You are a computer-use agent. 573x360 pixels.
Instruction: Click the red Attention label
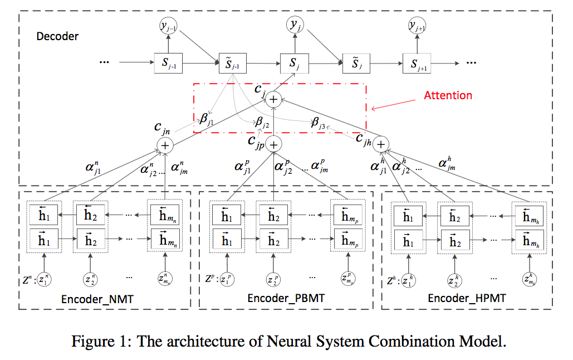(x=448, y=95)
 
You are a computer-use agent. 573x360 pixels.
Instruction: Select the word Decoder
(x=57, y=37)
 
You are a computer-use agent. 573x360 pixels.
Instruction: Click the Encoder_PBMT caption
(x=286, y=299)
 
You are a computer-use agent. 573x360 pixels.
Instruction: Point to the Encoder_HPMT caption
(x=467, y=299)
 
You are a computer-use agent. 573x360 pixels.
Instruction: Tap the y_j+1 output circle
(x=417, y=25)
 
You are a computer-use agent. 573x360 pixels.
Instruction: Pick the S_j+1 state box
(x=417, y=65)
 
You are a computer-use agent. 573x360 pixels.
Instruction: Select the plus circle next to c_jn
(x=165, y=145)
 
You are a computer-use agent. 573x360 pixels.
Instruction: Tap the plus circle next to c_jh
(x=380, y=144)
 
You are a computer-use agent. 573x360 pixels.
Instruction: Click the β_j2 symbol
(x=261, y=121)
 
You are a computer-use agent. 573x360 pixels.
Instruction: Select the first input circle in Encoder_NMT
(x=42, y=278)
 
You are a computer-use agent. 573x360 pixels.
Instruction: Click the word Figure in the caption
(x=91, y=341)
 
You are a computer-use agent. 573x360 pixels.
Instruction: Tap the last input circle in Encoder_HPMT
(x=528, y=278)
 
